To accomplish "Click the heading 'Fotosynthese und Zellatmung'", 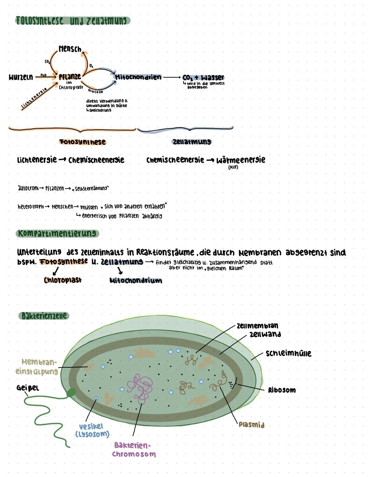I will [72, 21].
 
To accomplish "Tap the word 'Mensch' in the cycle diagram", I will [70, 49].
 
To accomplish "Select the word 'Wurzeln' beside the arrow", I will [21, 77].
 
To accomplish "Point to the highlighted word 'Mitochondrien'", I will [138, 77].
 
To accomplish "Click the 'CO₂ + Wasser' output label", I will [203, 78].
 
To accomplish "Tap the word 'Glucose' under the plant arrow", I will [95, 91].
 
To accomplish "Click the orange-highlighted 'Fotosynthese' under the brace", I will [82, 142].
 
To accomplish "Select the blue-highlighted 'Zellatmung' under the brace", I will [192, 142].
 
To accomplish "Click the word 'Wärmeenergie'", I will [241, 160].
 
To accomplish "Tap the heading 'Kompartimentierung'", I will [57, 234].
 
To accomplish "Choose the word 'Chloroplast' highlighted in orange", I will [63, 280].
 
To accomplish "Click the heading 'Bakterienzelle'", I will [44, 315].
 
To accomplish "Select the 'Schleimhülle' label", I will [289, 353].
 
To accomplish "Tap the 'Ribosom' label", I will [282, 390].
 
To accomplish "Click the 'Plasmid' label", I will [251, 425].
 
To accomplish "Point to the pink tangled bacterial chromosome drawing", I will [140, 387].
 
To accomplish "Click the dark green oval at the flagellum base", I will [71, 393].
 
